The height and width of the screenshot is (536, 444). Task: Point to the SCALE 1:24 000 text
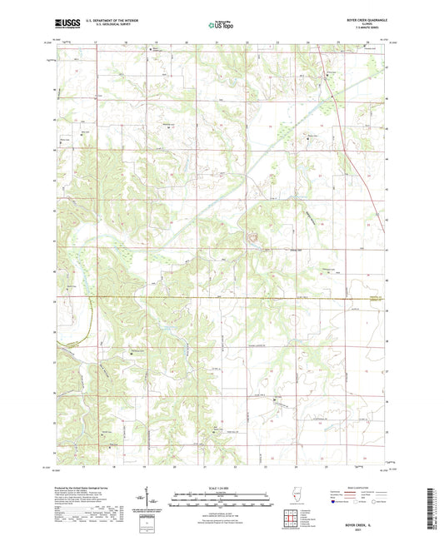(x=221, y=489)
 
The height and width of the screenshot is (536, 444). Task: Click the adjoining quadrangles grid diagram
(x=291, y=523)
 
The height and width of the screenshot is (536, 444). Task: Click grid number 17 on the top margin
(x=96, y=39)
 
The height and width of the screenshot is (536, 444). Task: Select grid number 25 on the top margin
(x=337, y=39)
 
